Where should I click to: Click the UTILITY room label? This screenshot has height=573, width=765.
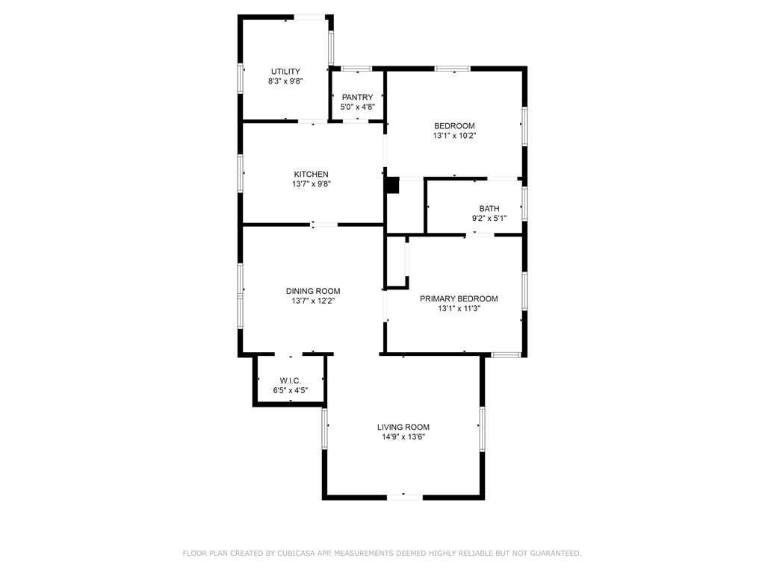285,72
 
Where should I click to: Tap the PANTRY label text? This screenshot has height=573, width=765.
357,97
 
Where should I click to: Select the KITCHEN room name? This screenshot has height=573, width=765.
311,174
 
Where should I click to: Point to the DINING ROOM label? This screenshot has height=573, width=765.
313,291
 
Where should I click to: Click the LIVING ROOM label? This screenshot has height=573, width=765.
403,427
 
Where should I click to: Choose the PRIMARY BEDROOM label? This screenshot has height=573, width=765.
459,298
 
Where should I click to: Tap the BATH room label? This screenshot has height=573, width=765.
489,209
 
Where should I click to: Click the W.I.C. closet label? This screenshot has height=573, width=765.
291,381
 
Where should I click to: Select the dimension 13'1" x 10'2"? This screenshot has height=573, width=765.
454,136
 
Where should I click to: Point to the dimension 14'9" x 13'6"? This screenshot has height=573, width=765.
403,437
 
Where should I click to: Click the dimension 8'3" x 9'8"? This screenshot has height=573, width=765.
285,81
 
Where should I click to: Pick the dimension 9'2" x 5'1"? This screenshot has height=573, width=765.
489,219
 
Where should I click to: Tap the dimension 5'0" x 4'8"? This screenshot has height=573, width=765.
357,107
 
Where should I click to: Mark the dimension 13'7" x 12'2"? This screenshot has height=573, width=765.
313,301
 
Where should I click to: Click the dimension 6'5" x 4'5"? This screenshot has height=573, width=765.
291,390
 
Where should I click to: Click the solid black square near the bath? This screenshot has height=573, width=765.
393,186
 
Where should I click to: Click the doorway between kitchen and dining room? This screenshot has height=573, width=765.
324,225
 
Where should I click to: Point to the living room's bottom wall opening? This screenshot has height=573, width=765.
404,496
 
